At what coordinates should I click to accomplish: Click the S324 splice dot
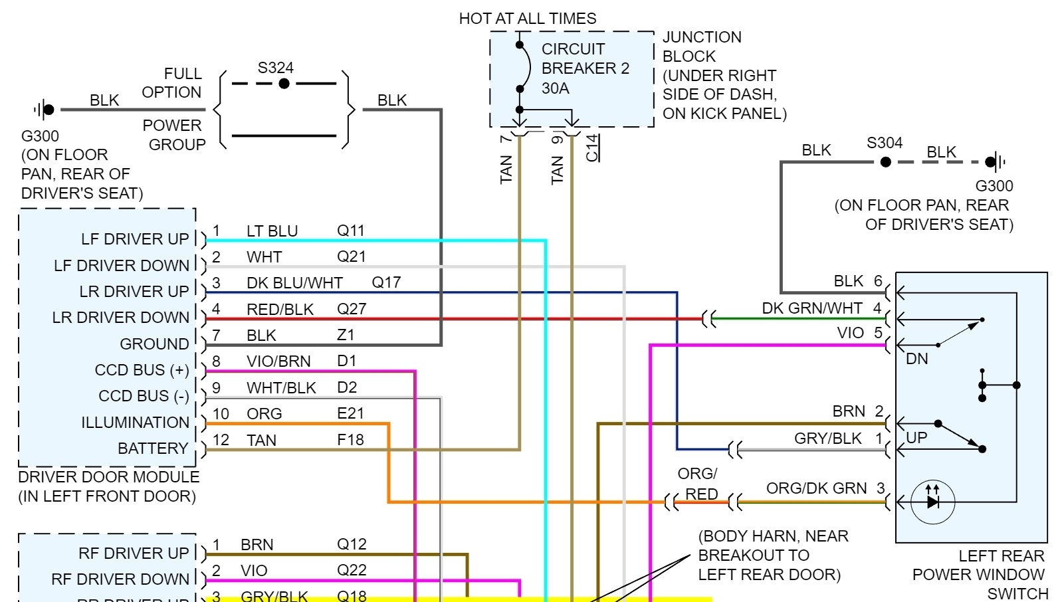[284, 84]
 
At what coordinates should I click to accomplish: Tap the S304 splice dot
[885, 161]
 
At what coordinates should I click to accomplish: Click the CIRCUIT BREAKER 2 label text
[585, 59]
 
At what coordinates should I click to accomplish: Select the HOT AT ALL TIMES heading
[528, 19]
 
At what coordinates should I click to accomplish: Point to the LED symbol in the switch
[933, 502]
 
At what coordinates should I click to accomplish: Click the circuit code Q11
[350, 231]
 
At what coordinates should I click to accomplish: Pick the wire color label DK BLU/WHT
[294, 283]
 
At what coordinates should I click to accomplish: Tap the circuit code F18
[350, 440]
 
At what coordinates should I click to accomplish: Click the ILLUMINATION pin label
[135, 423]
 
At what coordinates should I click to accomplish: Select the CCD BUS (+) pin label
[142, 370]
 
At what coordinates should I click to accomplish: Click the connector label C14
[592, 148]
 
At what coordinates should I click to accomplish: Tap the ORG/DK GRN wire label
[816, 488]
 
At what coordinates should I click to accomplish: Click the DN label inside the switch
[916, 359]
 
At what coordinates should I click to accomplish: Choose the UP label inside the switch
[916, 438]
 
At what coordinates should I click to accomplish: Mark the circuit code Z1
[346, 336]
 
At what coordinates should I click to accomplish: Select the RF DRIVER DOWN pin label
[120, 579]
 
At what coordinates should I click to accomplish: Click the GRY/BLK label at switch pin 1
[827, 439]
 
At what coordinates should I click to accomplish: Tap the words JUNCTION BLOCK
[702, 47]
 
